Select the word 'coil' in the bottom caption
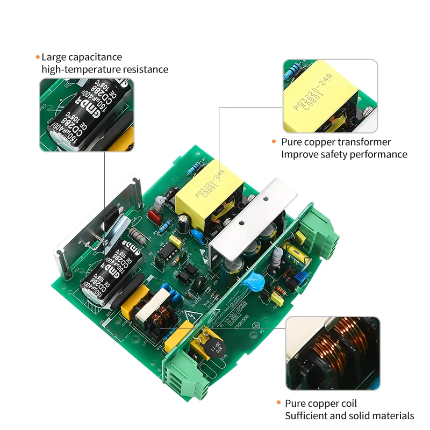(347, 404)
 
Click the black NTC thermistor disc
(206, 347)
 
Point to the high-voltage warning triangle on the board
(192, 314)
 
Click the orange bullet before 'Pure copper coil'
(278, 403)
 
